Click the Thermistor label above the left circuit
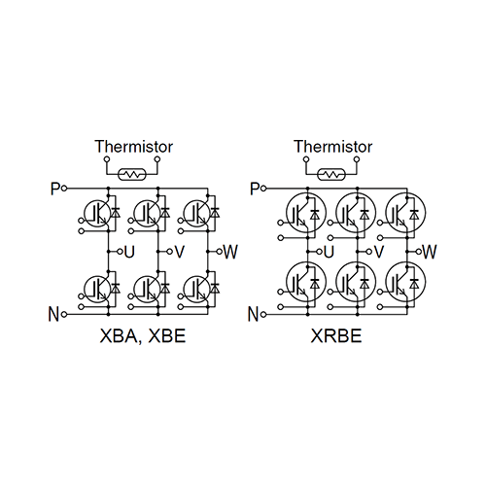(134, 147)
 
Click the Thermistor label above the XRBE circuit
(333, 147)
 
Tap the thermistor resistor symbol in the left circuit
(132, 174)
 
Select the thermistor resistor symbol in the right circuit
(331, 174)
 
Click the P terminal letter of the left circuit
(55, 189)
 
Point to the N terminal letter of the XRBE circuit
(254, 314)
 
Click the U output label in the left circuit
(129, 252)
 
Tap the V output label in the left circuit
(180, 252)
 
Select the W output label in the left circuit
(230, 252)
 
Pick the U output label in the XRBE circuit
(329, 252)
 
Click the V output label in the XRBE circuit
(379, 252)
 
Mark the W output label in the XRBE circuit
(430, 252)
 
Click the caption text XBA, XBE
(143, 335)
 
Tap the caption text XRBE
(336, 335)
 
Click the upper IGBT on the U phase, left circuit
(97, 213)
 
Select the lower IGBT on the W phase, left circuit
(196, 289)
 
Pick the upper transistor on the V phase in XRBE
(356, 213)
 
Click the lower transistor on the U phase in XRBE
(306, 281)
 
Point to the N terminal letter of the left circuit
(53, 314)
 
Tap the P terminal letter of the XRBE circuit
(255, 189)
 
